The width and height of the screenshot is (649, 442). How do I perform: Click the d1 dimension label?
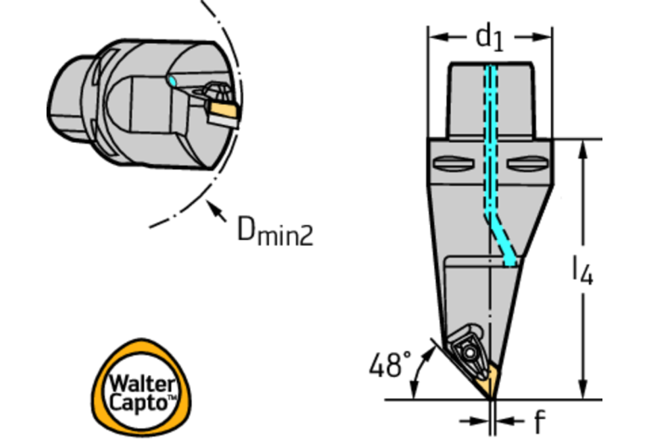(x=489, y=36)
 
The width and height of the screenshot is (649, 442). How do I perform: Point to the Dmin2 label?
(x=273, y=229)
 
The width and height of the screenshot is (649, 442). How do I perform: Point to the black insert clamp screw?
(x=466, y=349)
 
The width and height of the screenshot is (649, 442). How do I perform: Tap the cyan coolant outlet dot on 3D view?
(x=172, y=81)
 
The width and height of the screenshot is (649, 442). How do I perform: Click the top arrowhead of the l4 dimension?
(x=582, y=146)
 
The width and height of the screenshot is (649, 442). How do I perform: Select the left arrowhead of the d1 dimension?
(x=434, y=37)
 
